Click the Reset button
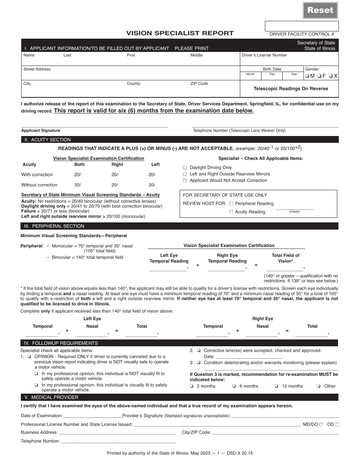click(x=320, y=10)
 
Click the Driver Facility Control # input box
click(x=302, y=26)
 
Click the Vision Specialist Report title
click(x=180, y=33)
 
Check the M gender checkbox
click(x=307, y=76)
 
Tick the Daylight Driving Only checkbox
click(x=185, y=167)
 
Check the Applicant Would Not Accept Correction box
click(x=185, y=181)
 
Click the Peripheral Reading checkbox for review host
click(x=232, y=203)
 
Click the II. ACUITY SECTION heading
click(x=48, y=140)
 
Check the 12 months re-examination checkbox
click(x=276, y=386)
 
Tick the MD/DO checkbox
click(x=321, y=425)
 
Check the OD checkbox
click(x=337, y=425)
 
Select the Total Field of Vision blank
click(x=284, y=269)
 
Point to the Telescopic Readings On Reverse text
click(x=291, y=89)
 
